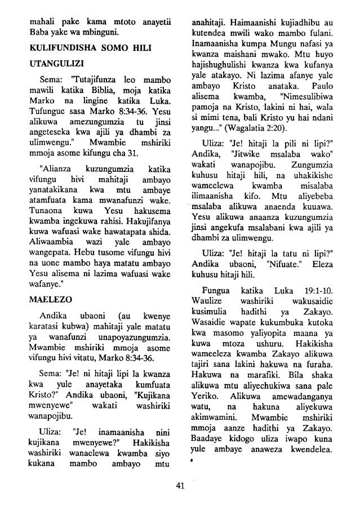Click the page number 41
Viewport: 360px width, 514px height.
(x=180, y=486)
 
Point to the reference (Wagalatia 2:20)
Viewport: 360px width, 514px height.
(x=256, y=161)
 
